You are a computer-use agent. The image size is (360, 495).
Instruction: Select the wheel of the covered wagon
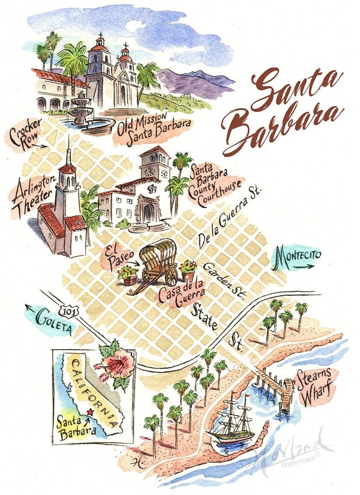coord(171,277)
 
